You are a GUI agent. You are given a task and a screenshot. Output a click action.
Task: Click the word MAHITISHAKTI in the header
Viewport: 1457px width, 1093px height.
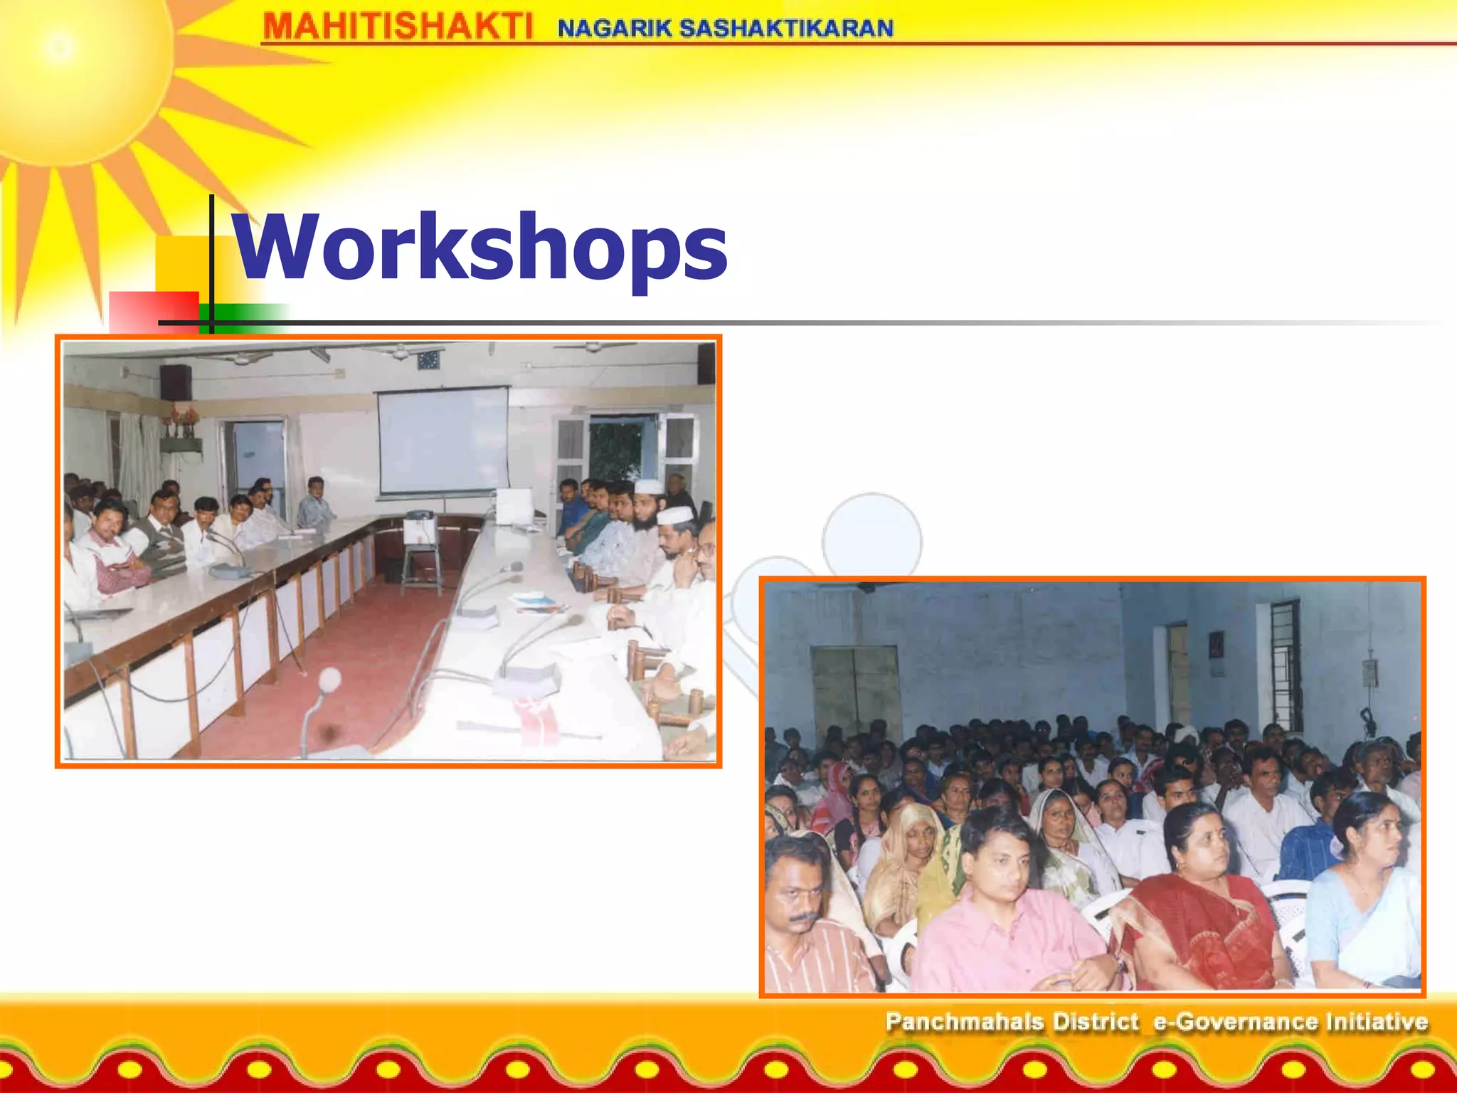pyautogui.click(x=397, y=27)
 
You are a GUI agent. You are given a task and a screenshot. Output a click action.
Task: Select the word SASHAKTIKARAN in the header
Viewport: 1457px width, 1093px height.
pyautogui.click(x=786, y=28)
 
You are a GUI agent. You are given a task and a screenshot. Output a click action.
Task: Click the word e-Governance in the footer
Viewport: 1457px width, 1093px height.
pyautogui.click(x=1234, y=1022)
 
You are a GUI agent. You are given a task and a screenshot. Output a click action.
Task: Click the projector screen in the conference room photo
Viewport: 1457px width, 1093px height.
pyautogui.click(x=443, y=441)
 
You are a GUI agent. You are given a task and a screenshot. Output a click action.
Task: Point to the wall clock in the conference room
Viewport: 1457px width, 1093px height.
pyautogui.click(x=428, y=360)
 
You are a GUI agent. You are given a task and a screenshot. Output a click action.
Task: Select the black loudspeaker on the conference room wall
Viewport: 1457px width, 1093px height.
pyautogui.click(x=175, y=382)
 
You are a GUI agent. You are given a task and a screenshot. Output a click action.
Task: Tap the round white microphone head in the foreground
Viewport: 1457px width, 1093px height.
pyautogui.click(x=329, y=679)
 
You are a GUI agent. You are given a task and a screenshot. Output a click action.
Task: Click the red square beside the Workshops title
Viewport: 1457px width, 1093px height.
pyautogui.click(x=154, y=311)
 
